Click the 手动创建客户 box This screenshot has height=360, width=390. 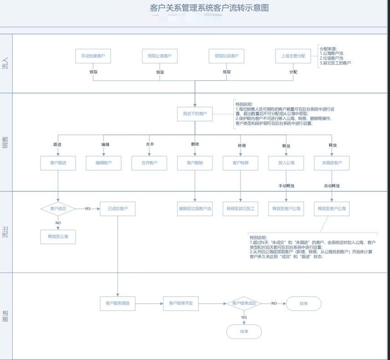[93, 56]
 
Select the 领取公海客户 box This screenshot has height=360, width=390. [159, 56]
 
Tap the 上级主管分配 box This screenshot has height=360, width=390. [293, 56]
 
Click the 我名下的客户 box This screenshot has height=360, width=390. [195, 113]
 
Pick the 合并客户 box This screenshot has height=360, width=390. [149, 163]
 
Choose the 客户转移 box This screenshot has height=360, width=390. [241, 163]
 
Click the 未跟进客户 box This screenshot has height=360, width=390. [332, 163]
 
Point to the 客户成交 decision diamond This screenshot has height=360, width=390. [58, 209]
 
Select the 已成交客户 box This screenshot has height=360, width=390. [118, 209]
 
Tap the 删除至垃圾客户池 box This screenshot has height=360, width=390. [195, 209]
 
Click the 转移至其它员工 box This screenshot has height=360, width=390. [241, 209]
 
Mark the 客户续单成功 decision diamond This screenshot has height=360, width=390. [244, 303]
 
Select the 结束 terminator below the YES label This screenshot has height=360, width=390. [244, 331]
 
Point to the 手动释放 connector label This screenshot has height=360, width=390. [287, 186]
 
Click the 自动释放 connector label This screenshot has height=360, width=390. [332, 186]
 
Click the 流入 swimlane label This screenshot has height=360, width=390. [5, 64]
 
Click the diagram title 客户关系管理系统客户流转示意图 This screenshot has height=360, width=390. [209, 8]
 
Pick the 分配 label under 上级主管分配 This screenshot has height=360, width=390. [293, 72]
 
